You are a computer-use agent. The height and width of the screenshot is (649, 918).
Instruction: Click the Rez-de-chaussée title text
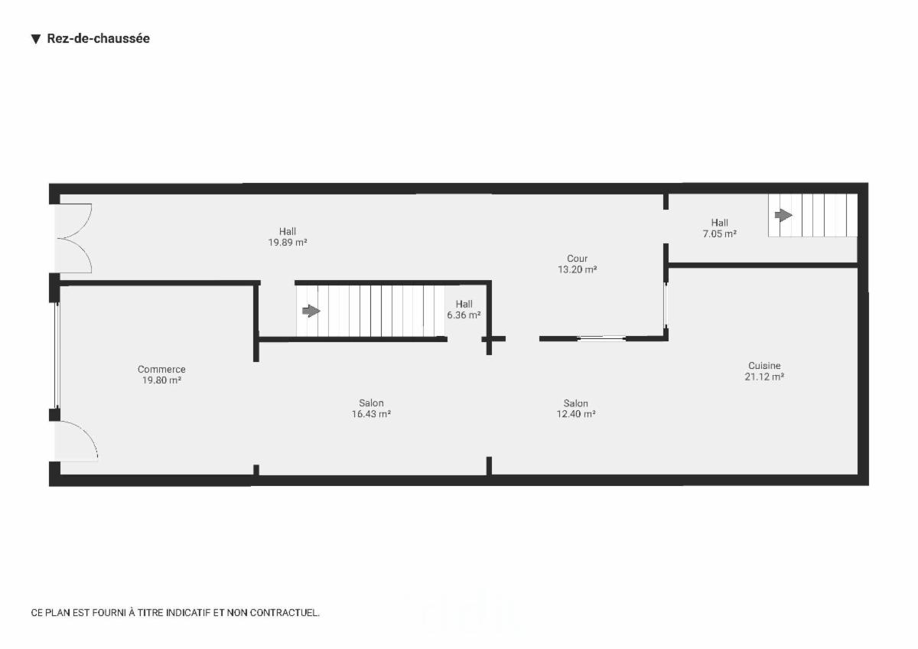99,38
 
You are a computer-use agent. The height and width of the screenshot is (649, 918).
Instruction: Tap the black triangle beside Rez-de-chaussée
36,39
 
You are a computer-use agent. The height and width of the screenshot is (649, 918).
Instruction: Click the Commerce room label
161,370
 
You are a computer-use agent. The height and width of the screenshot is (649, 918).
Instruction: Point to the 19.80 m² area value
161,380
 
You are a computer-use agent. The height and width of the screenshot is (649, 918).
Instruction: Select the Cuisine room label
764,366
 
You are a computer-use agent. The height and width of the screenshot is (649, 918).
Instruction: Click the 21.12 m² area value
764,377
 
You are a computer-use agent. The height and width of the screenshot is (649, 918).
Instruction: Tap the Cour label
577,259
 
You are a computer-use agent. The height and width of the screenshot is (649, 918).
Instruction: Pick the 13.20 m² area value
577,269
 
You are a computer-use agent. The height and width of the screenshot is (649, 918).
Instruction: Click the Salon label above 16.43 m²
371,403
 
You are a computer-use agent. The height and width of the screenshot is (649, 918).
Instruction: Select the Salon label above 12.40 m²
576,403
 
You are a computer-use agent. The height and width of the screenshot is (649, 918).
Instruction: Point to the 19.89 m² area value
288,243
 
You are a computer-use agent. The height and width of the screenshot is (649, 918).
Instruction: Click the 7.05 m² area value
720,234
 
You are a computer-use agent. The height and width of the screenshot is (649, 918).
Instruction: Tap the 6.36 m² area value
464,315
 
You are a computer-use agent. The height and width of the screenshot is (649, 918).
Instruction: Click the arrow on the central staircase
311,311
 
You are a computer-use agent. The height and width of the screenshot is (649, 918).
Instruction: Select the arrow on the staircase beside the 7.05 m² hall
783,215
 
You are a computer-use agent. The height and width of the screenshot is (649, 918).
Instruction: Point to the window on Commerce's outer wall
57,355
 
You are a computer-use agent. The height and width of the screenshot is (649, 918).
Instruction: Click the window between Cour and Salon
601,338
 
